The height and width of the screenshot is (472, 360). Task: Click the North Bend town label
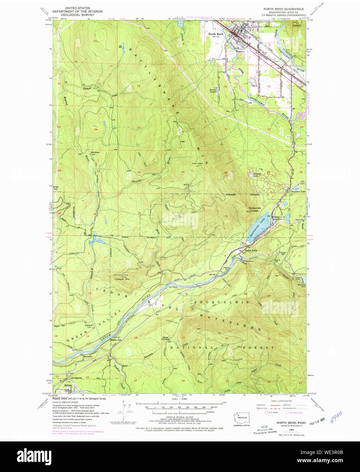[216, 34]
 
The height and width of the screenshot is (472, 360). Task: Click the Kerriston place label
[95, 152]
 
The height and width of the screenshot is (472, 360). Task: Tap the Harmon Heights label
[213, 91]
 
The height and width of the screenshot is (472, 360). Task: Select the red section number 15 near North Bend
[269, 86]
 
